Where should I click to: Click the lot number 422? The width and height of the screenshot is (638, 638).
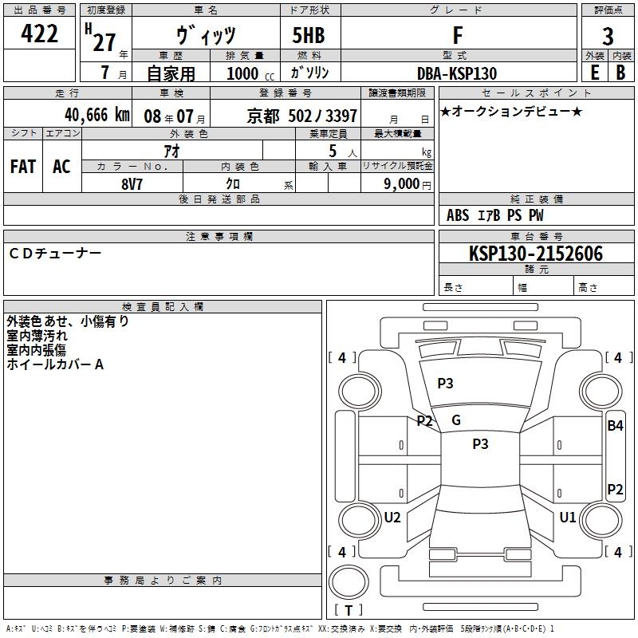pyautogui.click(x=40, y=33)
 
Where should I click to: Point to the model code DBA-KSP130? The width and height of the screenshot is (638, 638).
pyautogui.click(x=457, y=73)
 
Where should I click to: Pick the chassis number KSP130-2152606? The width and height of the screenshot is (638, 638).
pyautogui.click(x=536, y=254)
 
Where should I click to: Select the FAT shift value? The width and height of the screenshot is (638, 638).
pyautogui.click(x=22, y=167)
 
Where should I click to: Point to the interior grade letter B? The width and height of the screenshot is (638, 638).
pyautogui.click(x=620, y=73)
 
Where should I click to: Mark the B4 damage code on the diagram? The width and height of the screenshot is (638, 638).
pyautogui.click(x=615, y=426)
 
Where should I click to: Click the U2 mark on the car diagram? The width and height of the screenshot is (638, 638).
pyautogui.click(x=392, y=518)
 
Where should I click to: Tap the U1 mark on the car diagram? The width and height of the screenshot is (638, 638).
pyautogui.click(x=568, y=518)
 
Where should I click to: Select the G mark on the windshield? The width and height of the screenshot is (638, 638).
pyautogui.click(x=456, y=420)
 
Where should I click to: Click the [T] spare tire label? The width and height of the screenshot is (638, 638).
pyautogui.click(x=349, y=611)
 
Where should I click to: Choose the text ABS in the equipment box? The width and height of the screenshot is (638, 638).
pyautogui.click(x=458, y=215)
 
